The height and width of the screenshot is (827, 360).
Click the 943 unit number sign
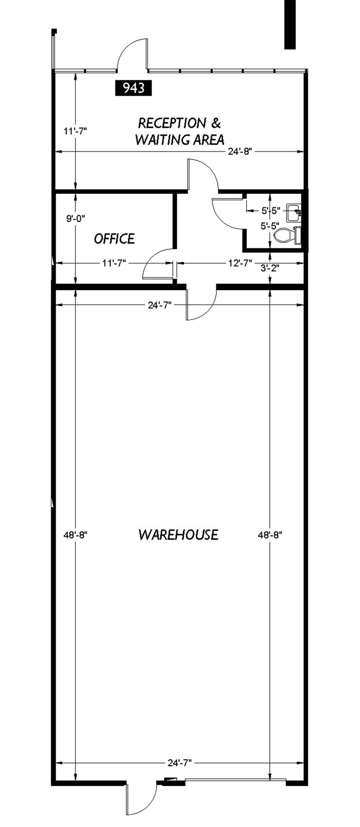(133, 88)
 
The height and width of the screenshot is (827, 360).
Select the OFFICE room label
(114, 239)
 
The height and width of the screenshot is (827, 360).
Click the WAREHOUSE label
(178, 535)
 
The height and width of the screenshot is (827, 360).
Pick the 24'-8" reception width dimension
(240, 151)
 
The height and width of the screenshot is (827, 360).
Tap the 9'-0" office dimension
(76, 218)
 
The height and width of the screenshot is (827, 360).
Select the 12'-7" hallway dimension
(240, 263)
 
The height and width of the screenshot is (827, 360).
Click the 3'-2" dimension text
(270, 268)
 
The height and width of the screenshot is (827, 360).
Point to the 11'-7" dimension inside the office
(114, 263)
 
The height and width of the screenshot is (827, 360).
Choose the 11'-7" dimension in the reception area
(76, 131)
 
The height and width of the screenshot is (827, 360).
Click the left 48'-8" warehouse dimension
(76, 535)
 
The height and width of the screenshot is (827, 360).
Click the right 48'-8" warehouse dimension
(270, 535)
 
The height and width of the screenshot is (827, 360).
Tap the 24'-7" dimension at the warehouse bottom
(179, 763)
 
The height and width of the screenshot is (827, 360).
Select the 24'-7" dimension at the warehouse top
(160, 305)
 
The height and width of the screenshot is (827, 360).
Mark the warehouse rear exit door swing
(141, 802)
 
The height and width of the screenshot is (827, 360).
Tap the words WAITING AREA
(179, 140)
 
